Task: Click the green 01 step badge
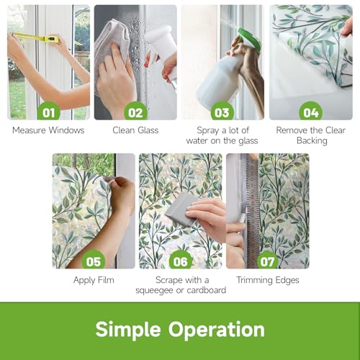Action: tap(49, 112)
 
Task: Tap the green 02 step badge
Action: tap(135, 112)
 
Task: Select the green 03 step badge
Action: tap(222, 112)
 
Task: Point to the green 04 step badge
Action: tap(311, 112)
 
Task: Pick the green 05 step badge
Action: tap(94, 261)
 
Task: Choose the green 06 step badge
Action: tap(181, 261)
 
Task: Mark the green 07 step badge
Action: tap(267, 261)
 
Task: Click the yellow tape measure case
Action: tap(51, 39)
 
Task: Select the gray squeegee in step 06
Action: tap(179, 207)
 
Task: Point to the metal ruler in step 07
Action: tap(253, 211)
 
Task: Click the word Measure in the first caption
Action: tap(29, 130)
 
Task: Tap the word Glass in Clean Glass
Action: tap(148, 130)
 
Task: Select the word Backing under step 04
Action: tap(312, 141)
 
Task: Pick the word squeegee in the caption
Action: tap(155, 291)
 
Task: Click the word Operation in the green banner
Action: tap(216, 330)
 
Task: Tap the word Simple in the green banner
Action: tap(128, 330)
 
